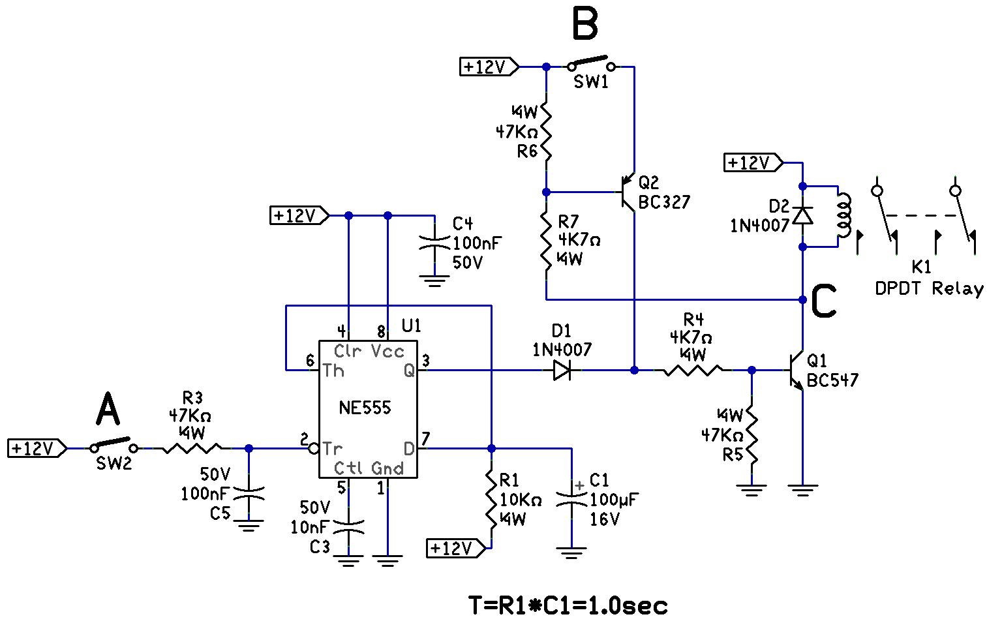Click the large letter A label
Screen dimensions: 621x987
click(x=108, y=412)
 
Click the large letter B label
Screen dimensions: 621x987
click(x=585, y=25)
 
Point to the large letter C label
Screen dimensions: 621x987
click(x=823, y=302)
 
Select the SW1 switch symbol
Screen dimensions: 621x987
click(x=591, y=65)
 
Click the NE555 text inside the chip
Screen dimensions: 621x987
click(x=365, y=408)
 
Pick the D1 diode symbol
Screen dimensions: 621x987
click(x=562, y=371)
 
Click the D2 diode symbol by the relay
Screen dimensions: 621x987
click(x=802, y=215)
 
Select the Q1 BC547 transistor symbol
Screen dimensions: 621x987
click(x=797, y=371)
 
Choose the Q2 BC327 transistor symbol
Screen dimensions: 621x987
click(x=628, y=192)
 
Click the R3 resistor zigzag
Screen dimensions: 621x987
click(x=192, y=448)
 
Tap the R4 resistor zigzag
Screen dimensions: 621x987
click(x=693, y=371)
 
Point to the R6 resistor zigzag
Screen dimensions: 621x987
click(x=546, y=134)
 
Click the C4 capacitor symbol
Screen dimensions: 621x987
click(x=434, y=244)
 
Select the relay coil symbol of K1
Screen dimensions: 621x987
click(x=843, y=215)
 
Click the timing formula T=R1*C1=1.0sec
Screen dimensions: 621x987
click(x=568, y=605)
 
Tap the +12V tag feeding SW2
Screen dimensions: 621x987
click(x=37, y=448)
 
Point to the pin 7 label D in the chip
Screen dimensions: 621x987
click(x=409, y=449)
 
